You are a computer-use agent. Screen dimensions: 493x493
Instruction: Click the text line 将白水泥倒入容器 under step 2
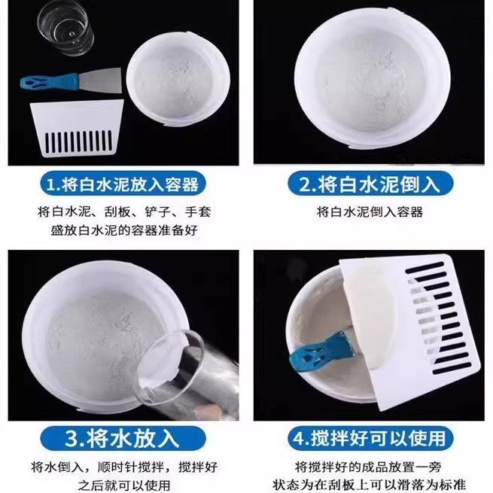pyautogui.click(x=370, y=212)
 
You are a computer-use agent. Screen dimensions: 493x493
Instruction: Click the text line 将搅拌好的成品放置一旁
pyautogui.click(x=370, y=465)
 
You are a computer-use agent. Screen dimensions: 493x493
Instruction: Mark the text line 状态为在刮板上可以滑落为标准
pyautogui.click(x=370, y=485)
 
